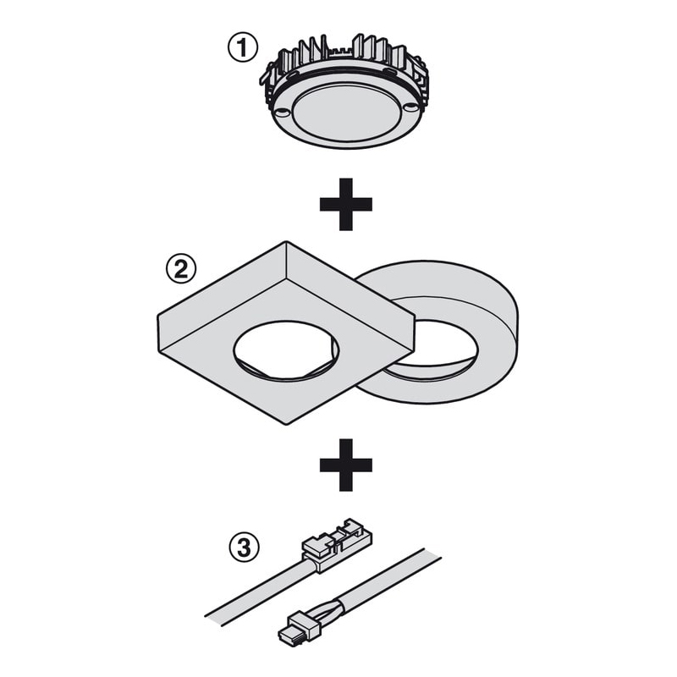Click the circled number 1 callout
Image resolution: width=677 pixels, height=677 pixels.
click(x=243, y=47)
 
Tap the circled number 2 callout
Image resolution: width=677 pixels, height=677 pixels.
click(x=181, y=269)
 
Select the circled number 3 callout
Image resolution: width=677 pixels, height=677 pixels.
click(x=244, y=548)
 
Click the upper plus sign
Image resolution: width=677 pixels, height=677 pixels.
click(x=346, y=204)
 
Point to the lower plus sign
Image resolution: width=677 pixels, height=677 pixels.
click(x=346, y=465)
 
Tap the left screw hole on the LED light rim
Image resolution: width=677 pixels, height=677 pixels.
click(x=283, y=112)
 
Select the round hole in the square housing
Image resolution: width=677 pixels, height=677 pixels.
click(x=286, y=350)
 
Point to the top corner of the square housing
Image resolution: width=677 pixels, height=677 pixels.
click(x=286, y=242)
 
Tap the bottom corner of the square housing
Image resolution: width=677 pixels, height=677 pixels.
click(x=286, y=425)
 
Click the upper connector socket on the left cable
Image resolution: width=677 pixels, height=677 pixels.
click(x=337, y=543)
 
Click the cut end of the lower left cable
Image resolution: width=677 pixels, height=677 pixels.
click(x=215, y=617)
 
